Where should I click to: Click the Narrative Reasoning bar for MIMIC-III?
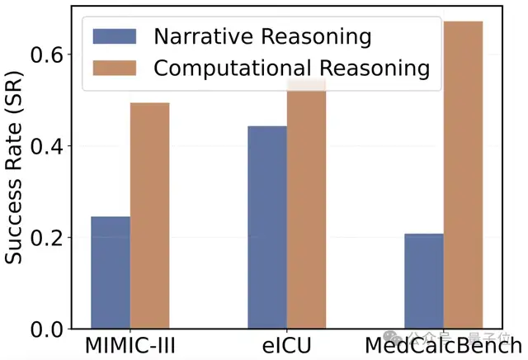click(x=111, y=272)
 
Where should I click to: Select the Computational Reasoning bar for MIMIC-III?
click(x=149, y=216)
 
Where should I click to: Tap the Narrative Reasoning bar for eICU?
click(x=267, y=227)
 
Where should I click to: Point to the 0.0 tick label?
click(x=50, y=329)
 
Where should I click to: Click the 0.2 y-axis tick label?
click(x=50, y=238)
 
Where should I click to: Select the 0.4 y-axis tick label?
click(x=50, y=146)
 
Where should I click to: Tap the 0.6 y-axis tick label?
click(x=50, y=54)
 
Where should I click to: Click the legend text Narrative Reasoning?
click(x=262, y=36)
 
